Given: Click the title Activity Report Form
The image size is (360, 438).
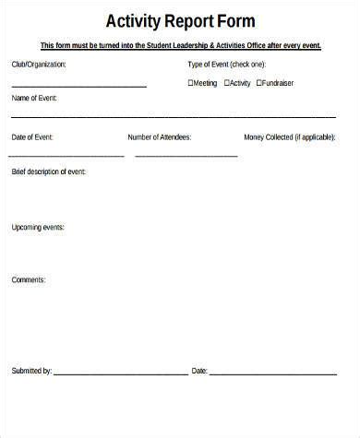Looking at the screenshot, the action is click(180, 20).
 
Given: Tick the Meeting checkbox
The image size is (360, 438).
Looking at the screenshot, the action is click(190, 83).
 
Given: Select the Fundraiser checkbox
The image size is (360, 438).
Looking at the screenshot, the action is click(259, 83).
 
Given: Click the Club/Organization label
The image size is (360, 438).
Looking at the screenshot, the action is click(39, 65).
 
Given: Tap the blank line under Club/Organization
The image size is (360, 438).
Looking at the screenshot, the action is click(78, 87).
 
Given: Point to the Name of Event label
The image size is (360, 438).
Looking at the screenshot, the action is click(33, 97).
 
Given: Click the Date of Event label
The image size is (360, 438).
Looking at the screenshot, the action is click(32, 137).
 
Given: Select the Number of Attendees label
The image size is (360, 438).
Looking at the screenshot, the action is click(160, 137).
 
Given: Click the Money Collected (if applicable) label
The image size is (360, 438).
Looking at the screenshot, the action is click(291, 137).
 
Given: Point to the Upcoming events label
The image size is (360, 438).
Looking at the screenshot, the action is click(38, 226).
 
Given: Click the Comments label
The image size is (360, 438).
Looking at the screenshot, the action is click(29, 278).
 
